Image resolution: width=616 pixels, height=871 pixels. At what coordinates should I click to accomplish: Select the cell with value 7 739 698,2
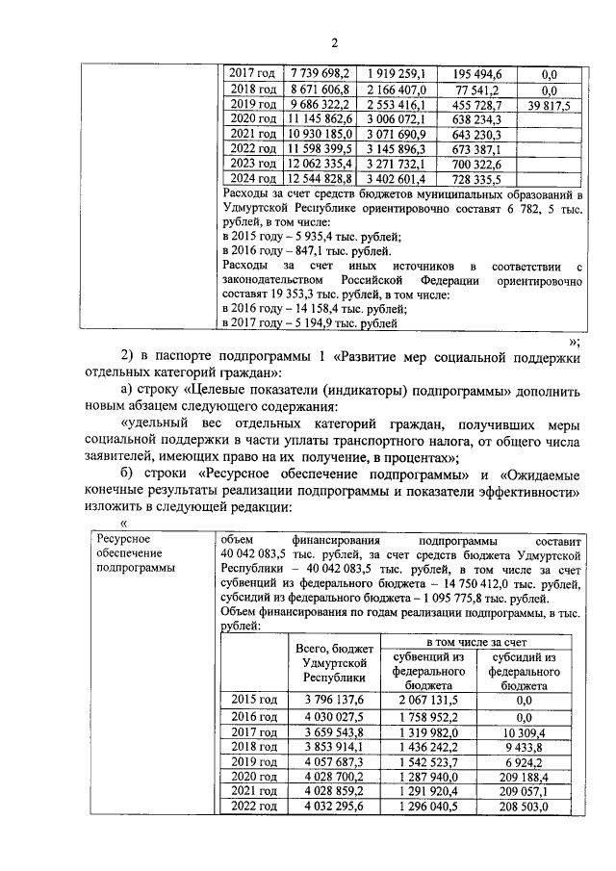(321, 73)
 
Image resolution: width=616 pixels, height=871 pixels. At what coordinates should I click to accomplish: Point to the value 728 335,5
(478, 180)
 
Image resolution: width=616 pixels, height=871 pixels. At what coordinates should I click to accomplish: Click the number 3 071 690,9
(402, 134)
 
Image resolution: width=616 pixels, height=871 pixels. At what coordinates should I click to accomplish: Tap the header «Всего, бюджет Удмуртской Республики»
(334, 664)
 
